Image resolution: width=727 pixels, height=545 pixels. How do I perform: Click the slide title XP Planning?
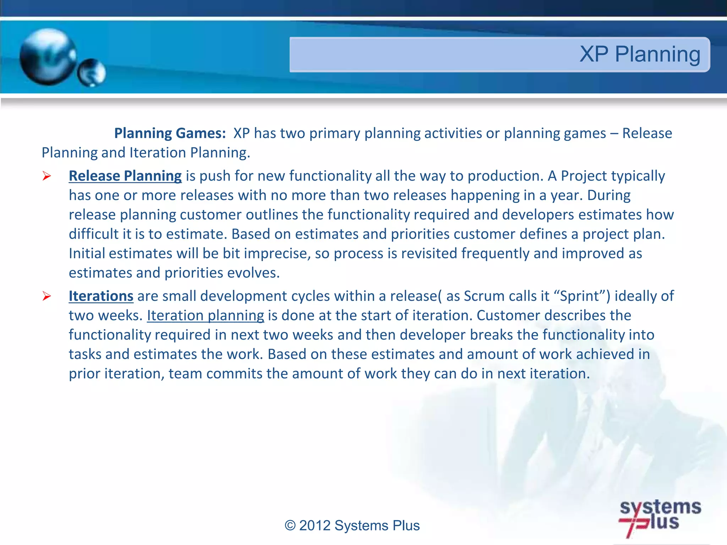(640, 54)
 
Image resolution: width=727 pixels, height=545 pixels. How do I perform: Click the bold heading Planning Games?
(170, 133)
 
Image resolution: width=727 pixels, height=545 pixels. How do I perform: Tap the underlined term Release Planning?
(125, 176)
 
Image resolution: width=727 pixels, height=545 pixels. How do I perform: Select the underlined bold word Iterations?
(101, 296)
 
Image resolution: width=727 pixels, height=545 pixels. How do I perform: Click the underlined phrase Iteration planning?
(206, 316)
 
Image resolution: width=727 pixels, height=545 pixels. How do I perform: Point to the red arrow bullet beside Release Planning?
(47, 176)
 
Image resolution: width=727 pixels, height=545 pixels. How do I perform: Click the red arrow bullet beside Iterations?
(47, 296)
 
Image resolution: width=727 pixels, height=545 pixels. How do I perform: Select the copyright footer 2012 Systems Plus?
(352, 525)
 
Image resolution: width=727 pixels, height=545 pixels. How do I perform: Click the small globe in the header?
(92, 73)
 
